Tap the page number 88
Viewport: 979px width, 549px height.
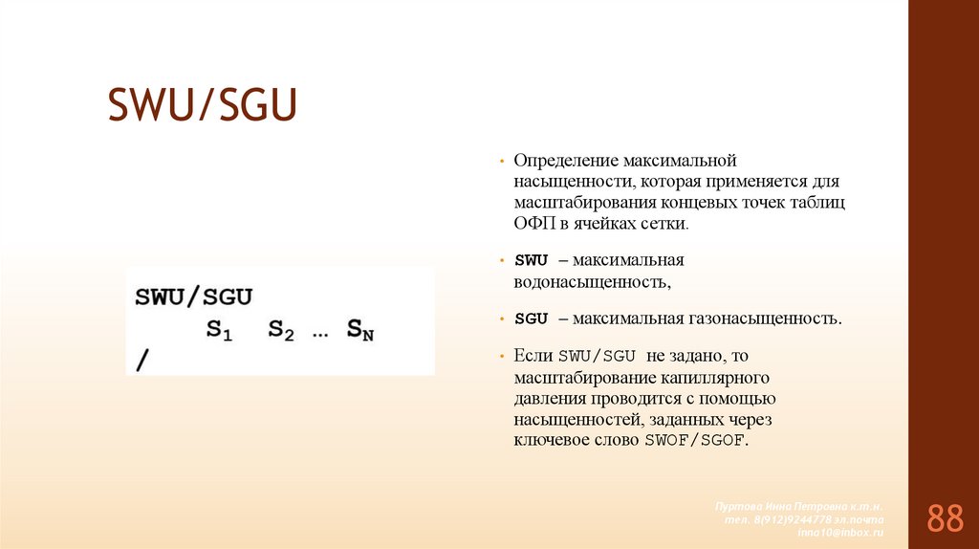(945, 518)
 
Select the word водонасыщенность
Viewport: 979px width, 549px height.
(591, 282)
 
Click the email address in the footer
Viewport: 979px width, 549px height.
(840, 531)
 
